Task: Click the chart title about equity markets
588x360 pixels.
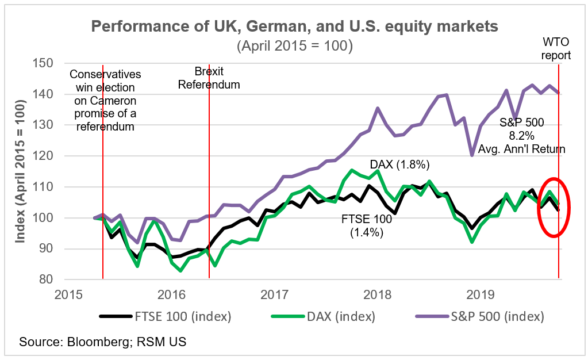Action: point(294,26)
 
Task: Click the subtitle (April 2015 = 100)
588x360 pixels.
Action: point(294,45)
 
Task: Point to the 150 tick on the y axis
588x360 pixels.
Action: point(44,63)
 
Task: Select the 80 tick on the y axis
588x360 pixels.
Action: point(47,280)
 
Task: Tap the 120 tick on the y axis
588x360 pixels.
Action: point(44,156)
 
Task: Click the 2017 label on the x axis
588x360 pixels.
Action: point(274,294)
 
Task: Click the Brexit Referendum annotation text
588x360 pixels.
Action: point(209,78)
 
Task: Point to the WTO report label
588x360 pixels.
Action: point(557,49)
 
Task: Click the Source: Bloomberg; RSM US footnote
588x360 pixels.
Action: point(103,342)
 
